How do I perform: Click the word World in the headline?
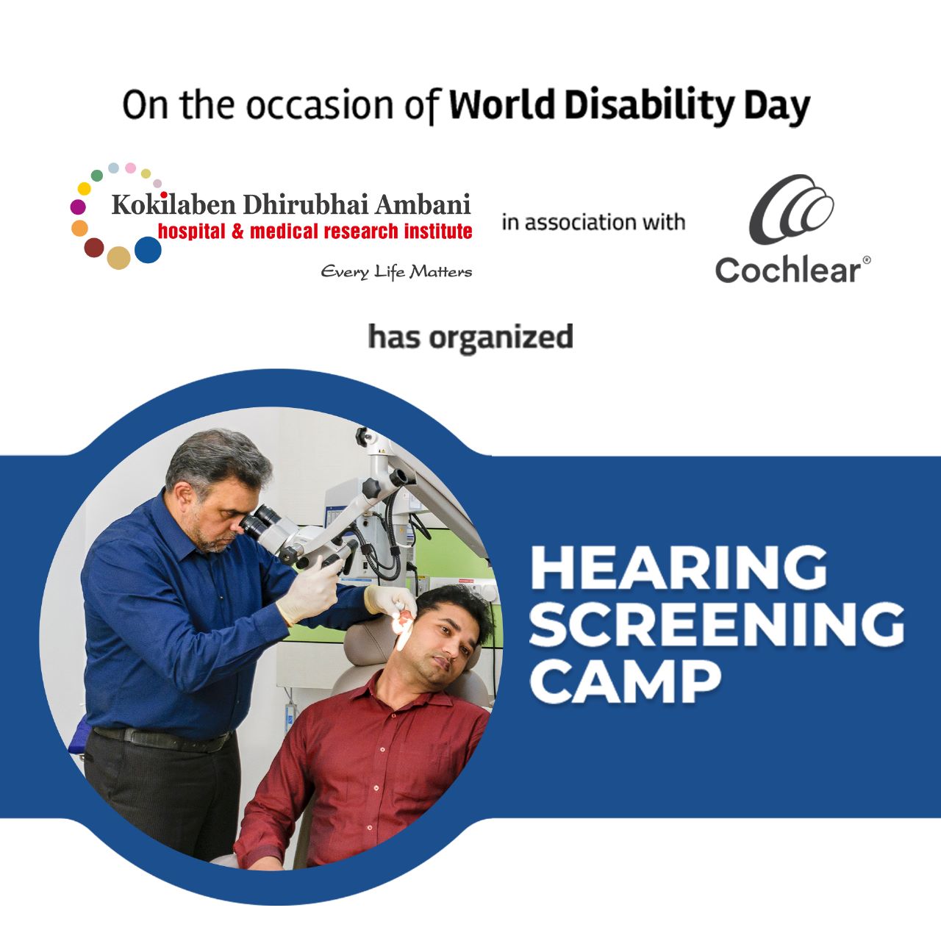pyautogui.click(x=501, y=104)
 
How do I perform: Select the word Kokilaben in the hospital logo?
pyautogui.click(x=173, y=204)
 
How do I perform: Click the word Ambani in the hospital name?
pyautogui.click(x=423, y=204)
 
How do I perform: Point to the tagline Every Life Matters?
pyautogui.click(x=396, y=271)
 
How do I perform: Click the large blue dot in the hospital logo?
pyautogui.click(x=148, y=249)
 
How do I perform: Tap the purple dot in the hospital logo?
pyautogui.click(x=78, y=207)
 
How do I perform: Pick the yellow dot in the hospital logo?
pyautogui.click(x=85, y=188)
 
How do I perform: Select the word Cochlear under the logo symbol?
pyautogui.click(x=788, y=270)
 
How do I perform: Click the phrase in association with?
pyautogui.click(x=593, y=222)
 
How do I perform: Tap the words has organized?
pyautogui.click(x=470, y=337)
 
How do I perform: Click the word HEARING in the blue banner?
pyautogui.click(x=679, y=568)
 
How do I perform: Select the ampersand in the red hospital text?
pyautogui.click(x=237, y=232)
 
